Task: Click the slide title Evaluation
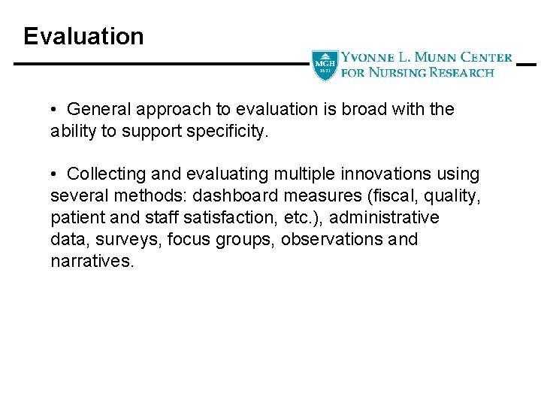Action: (x=83, y=36)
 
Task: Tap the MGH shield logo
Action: (x=325, y=65)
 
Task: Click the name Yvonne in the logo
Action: (x=364, y=57)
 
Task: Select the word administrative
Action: (x=384, y=217)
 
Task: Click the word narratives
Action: (x=92, y=261)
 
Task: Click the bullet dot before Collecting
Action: (x=55, y=174)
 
